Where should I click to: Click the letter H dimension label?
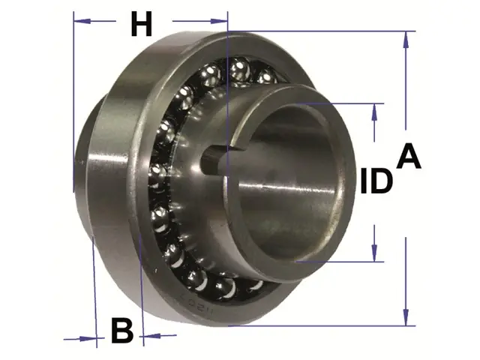coord(142,24)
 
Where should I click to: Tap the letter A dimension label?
coord(409,157)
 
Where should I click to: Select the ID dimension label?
coord(376,181)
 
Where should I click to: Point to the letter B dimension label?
coord(122,331)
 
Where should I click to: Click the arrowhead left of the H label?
coord(82,21)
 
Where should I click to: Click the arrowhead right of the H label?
coord(219,21)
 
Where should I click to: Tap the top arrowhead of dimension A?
coord(406,40)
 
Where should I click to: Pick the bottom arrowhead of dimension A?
coord(406,317)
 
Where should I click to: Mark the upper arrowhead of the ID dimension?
coord(374,112)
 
